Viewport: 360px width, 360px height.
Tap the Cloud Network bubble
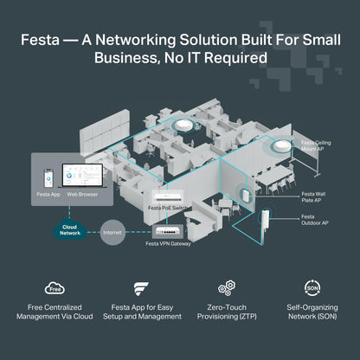pyautogui.click(x=70, y=229)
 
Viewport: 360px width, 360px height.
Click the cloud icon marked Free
pyautogui.click(x=54, y=288)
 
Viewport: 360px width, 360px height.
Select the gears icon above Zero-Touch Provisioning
pyautogui.click(x=227, y=288)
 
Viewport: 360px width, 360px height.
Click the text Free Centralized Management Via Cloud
pyautogui.click(x=54, y=312)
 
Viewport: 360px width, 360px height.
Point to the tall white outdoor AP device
pyautogui.click(x=267, y=228)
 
